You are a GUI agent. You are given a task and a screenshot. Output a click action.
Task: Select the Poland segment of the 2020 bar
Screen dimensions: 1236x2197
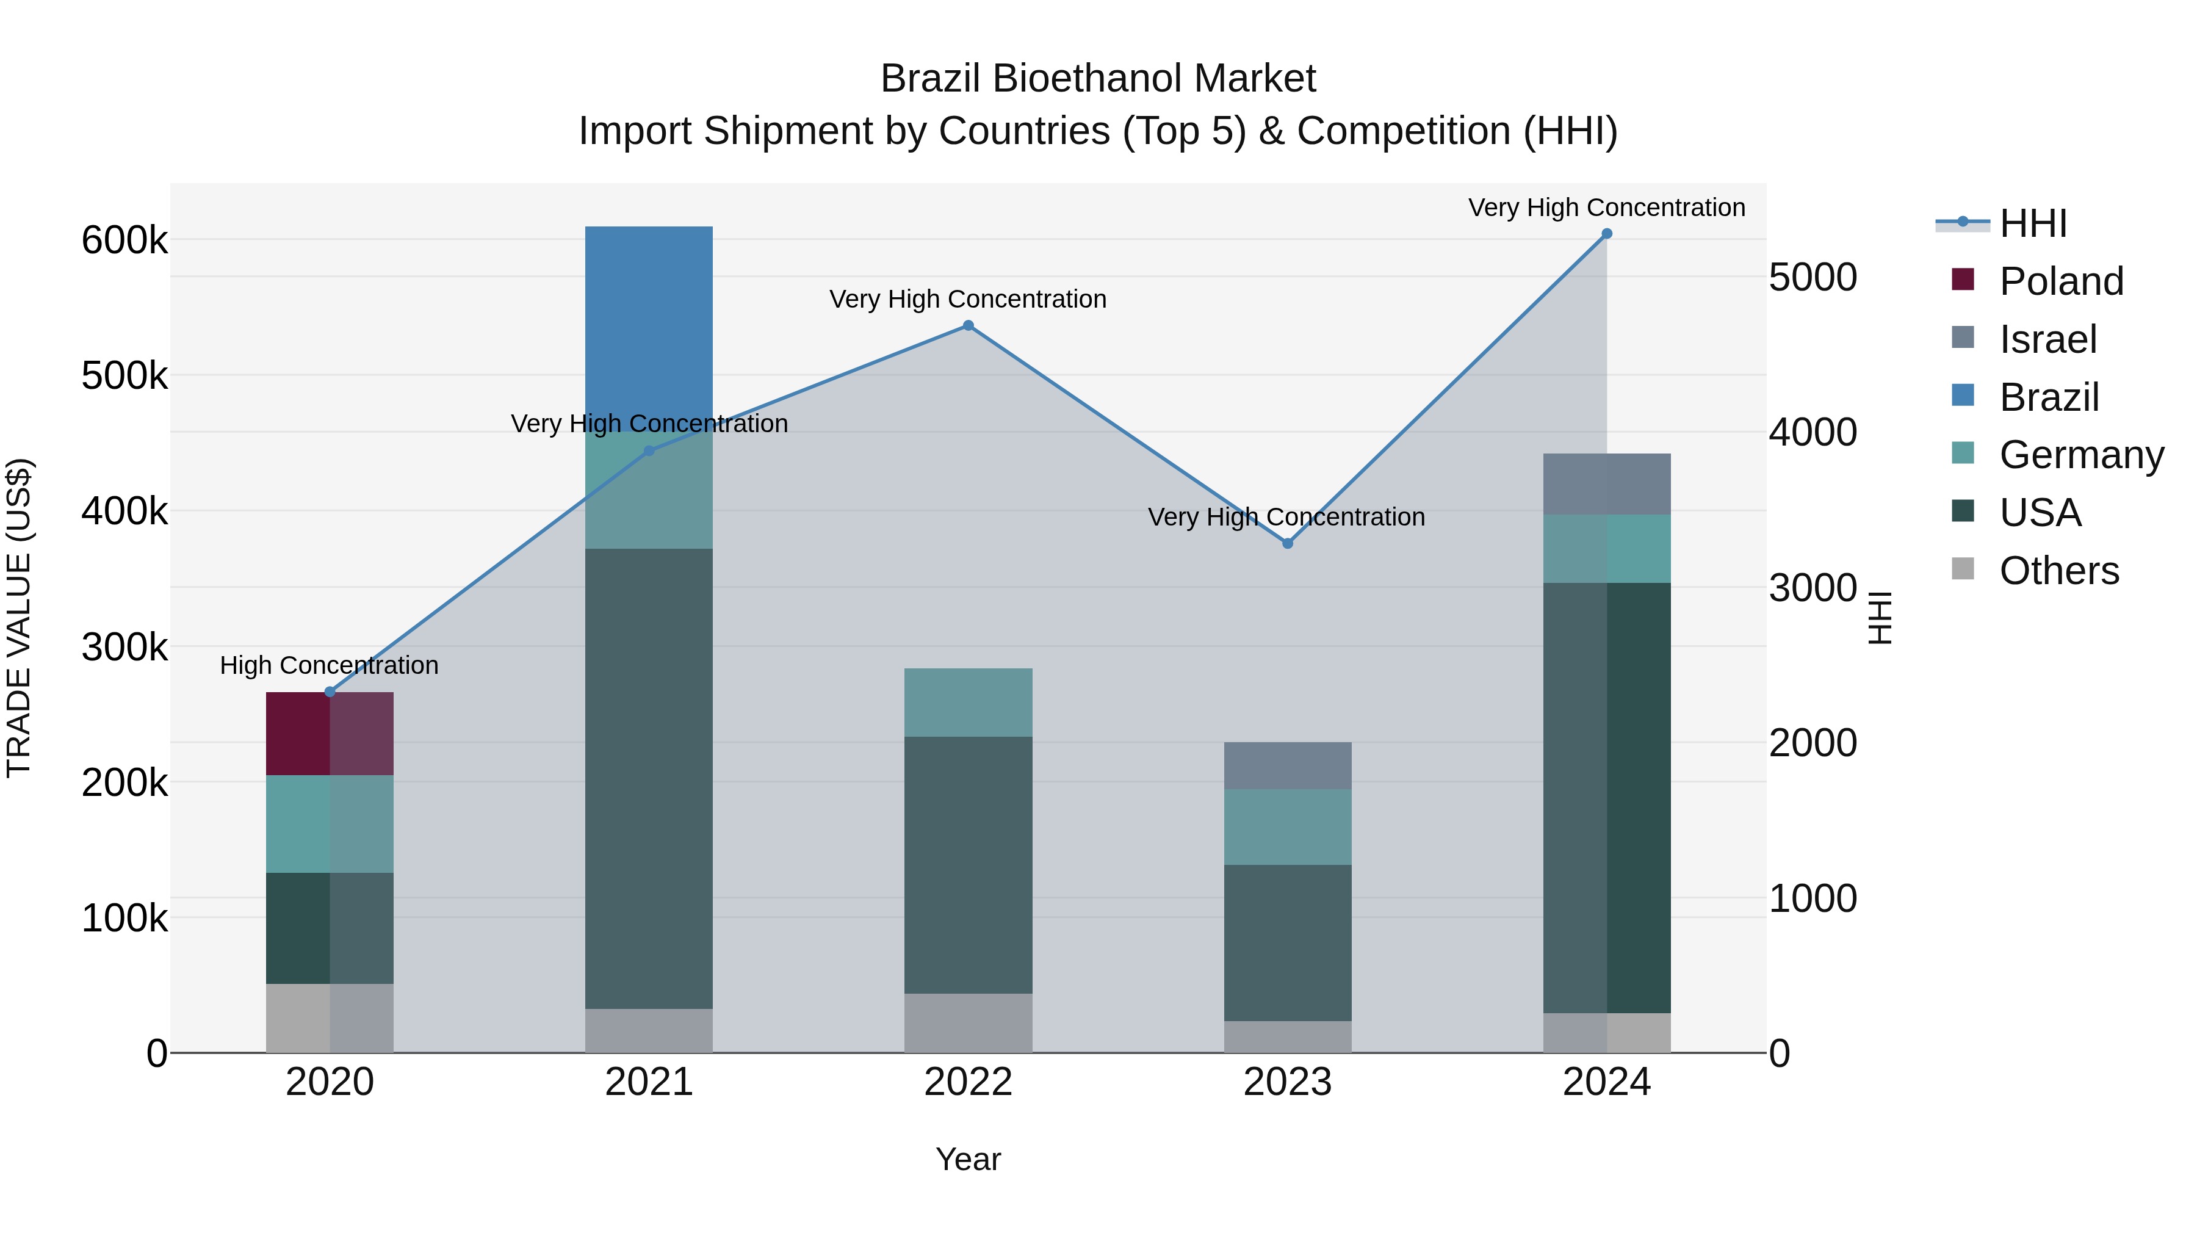[330, 734]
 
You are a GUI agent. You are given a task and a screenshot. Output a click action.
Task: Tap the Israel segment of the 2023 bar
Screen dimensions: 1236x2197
[1287, 765]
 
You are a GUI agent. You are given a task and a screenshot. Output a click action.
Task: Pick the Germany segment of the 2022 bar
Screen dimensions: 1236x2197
[968, 702]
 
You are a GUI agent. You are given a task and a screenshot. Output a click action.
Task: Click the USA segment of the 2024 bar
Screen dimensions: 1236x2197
[1607, 798]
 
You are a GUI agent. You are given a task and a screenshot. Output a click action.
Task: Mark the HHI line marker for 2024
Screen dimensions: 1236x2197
[1607, 234]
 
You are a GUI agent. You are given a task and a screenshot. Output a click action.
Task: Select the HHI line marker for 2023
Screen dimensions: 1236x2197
[1288, 543]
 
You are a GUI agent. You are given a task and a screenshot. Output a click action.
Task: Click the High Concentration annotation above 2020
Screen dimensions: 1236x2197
[329, 665]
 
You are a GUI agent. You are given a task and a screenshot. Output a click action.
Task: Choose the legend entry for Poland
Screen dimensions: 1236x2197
[2060, 281]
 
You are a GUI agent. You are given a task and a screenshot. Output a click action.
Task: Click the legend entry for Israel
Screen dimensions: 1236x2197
[2047, 339]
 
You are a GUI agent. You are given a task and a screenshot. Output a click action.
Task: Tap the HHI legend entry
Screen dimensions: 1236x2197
[2032, 223]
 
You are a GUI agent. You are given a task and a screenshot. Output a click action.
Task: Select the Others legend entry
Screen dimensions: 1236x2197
[2058, 571]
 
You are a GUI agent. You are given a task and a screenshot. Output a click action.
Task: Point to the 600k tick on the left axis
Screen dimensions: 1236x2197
[124, 240]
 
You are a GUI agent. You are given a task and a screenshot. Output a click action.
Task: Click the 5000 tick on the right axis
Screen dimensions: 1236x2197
[1813, 277]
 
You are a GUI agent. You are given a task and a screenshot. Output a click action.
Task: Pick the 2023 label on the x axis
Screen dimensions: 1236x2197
[1287, 1082]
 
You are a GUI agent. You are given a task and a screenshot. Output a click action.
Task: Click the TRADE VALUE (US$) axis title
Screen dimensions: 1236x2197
[19, 618]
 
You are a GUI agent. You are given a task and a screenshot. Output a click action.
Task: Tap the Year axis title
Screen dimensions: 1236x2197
[968, 1159]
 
